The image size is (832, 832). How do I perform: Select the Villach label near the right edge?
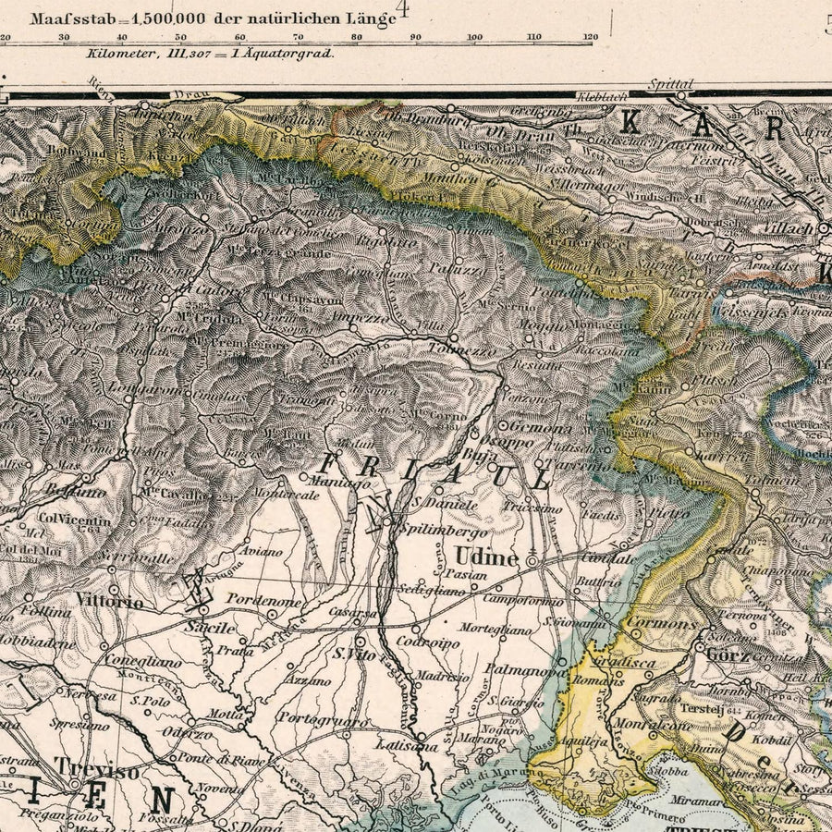point(789,226)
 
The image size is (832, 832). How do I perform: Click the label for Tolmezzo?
point(462,351)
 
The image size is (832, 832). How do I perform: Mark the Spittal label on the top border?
point(670,83)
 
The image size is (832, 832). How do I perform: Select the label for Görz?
point(727,655)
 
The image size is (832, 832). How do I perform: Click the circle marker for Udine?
point(532,560)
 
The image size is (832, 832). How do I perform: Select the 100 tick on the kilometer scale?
point(474,37)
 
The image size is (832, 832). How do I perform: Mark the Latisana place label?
point(400,745)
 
